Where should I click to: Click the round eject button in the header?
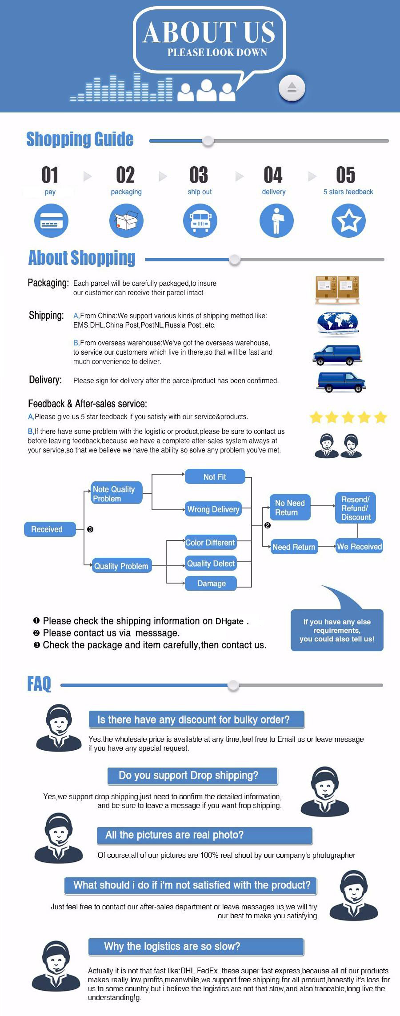[292, 88]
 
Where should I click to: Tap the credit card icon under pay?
[51, 220]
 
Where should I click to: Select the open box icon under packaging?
[126, 220]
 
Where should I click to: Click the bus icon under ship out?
[200, 220]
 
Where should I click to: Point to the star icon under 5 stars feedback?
[348, 220]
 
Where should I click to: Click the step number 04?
[273, 175]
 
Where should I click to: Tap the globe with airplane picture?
[338, 324]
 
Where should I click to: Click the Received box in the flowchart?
[50, 529]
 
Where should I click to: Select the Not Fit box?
[215, 476]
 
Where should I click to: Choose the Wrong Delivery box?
[213, 509]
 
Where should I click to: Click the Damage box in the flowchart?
[211, 583]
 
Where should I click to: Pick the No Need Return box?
[290, 508]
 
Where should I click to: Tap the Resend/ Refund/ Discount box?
[356, 508]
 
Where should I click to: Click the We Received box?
[360, 547]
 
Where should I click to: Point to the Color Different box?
[211, 543]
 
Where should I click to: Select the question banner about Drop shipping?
[192, 776]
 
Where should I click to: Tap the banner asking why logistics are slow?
[196, 947]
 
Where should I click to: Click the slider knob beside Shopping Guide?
[208, 141]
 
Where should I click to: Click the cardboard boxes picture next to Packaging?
[337, 290]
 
